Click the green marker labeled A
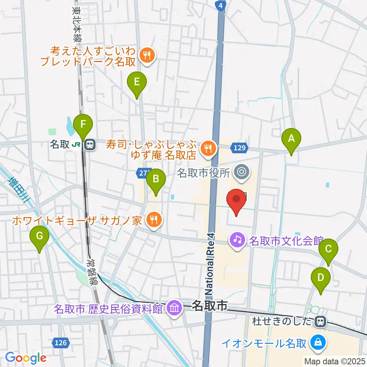click(x=291, y=139)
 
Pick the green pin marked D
click(x=320, y=278)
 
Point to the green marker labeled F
click(x=83, y=124)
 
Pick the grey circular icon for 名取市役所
click(x=241, y=172)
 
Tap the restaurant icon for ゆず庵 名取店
click(x=208, y=147)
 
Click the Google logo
click(x=26, y=358)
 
